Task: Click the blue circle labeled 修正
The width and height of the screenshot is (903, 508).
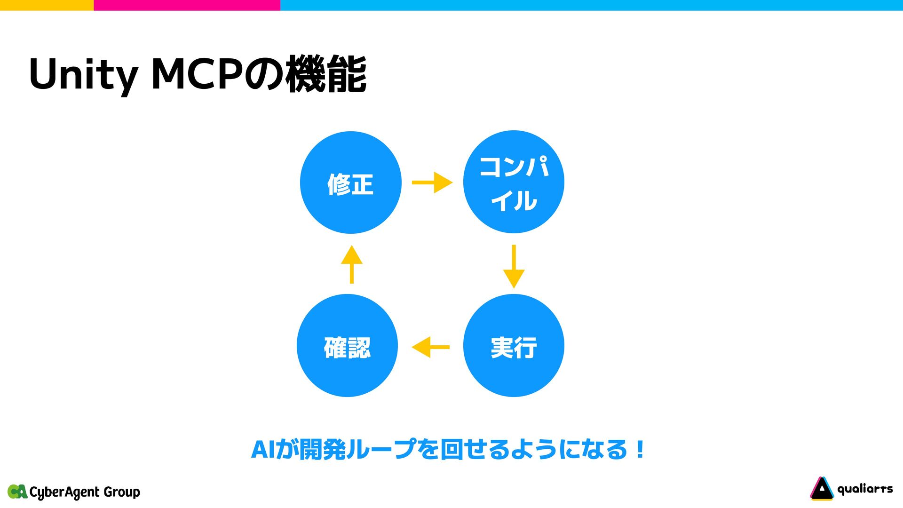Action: [x=350, y=183]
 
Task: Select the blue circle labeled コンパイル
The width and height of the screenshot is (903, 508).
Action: [x=514, y=182]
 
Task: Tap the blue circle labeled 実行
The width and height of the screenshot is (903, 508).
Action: [x=514, y=346]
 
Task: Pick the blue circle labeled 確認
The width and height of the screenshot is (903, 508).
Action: [x=347, y=346]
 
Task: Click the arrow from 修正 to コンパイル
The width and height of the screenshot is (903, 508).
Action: [x=432, y=183]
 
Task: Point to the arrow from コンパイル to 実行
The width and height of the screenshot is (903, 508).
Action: [x=514, y=266]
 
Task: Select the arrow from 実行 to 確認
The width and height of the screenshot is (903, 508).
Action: [x=430, y=347]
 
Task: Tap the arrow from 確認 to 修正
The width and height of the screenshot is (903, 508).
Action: [x=352, y=264]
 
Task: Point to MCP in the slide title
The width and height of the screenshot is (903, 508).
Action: [x=197, y=74]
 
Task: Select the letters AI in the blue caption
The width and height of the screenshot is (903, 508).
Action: [x=262, y=450]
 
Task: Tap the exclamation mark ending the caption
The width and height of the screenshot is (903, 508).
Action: [x=640, y=450]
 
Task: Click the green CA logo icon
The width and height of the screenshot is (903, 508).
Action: [x=17, y=492]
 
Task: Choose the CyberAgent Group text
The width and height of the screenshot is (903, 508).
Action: [x=85, y=492]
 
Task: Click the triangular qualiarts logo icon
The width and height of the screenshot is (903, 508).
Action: [x=821, y=489]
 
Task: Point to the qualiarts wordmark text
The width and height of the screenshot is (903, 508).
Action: [x=865, y=489]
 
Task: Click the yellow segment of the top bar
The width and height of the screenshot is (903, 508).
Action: [x=47, y=5]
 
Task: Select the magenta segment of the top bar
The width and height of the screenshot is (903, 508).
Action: [x=187, y=5]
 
